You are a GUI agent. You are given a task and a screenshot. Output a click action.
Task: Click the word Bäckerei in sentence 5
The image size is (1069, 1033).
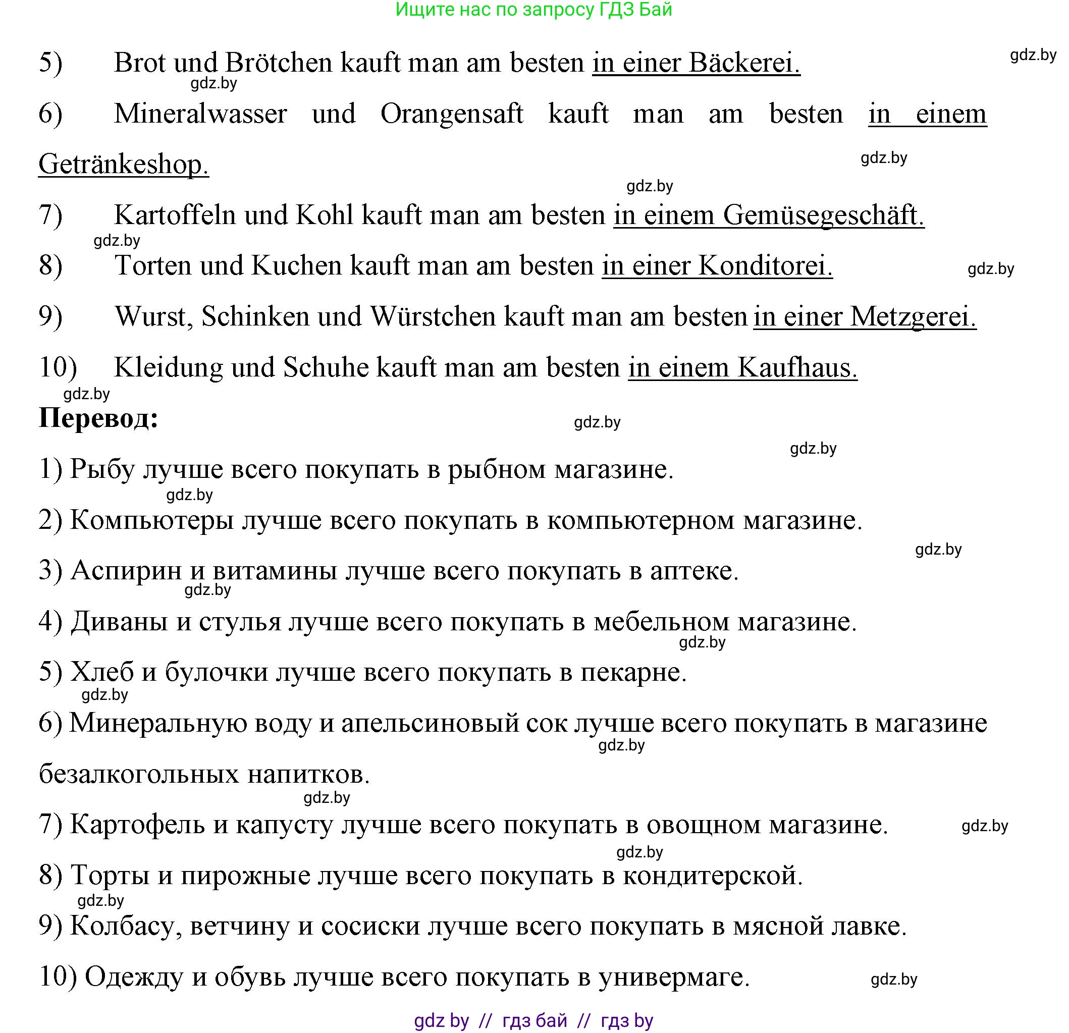click(x=744, y=63)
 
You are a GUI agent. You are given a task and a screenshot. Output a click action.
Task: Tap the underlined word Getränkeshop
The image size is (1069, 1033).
click(x=123, y=164)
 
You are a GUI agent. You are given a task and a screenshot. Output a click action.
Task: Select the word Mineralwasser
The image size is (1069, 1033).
click(x=200, y=114)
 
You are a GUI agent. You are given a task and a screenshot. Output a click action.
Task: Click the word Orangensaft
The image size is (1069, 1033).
click(x=452, y=114)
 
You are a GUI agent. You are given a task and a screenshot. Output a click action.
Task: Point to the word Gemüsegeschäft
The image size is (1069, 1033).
click(x=824, y=215)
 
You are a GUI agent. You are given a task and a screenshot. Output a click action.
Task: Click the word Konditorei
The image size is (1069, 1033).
click(x=765, y=266)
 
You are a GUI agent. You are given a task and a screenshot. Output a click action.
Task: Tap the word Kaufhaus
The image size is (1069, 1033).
click(x=797, y=367)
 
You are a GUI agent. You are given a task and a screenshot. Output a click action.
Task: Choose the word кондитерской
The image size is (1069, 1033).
click(x=712, y=876)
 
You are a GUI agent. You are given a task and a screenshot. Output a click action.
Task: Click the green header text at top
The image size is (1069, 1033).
click(x=533, y=10)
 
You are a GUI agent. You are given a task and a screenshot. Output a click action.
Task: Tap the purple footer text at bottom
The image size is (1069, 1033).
click(x=533, y=1020)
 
